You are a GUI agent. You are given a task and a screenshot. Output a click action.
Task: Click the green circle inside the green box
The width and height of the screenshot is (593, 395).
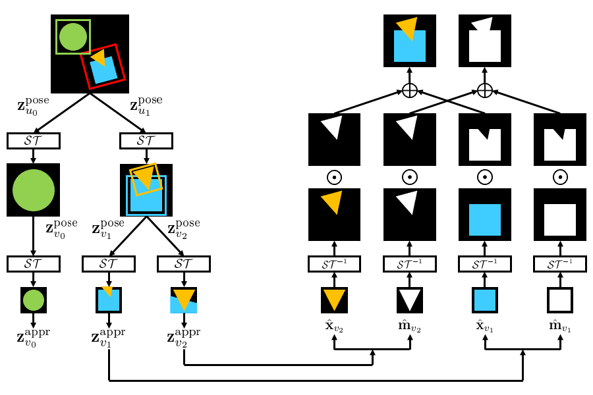73,37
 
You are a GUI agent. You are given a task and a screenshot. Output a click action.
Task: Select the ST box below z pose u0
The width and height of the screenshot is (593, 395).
34,141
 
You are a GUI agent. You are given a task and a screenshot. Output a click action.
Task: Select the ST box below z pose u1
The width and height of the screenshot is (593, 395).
146,141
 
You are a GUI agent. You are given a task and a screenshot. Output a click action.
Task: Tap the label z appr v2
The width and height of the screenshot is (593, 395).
184,338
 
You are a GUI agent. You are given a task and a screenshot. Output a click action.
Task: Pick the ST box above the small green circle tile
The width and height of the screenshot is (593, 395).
34,263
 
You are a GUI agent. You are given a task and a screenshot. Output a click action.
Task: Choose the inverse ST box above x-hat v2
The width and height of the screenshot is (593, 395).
334,263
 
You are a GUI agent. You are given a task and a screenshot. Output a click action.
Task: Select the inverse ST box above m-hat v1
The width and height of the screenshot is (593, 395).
559,263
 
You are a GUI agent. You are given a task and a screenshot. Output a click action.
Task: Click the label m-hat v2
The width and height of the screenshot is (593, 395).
409,325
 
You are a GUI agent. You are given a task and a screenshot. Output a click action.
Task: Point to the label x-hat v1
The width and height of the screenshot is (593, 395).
484,325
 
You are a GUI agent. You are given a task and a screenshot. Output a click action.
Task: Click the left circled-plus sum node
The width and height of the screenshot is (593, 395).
410,91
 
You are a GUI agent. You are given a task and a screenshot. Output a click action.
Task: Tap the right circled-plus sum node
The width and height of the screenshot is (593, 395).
485,91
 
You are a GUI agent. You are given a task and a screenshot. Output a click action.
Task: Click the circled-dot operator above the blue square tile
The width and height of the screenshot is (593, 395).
485,177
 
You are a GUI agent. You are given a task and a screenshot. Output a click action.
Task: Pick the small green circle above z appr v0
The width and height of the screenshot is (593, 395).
34,300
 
